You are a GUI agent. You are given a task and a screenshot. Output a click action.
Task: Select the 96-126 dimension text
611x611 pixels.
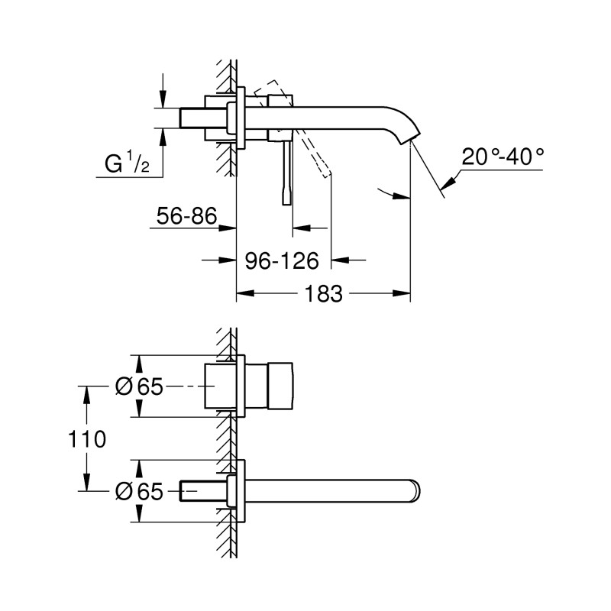click(x=281, y=260)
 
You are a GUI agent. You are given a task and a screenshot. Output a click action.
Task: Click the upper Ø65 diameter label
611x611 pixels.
click(x=140, y=387)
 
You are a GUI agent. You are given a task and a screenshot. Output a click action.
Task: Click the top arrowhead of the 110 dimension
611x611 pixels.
click(x=86, y=393)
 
